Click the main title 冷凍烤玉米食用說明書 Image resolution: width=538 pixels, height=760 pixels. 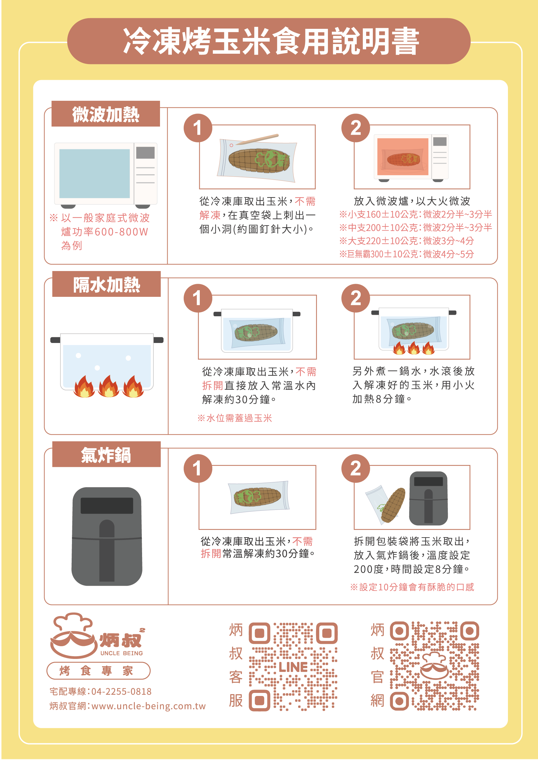click(271, 41)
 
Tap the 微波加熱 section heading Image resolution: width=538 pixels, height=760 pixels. click(106, 114)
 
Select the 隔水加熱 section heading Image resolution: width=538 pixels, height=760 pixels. click(107, 284)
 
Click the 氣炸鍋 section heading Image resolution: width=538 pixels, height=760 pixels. click(106, 455)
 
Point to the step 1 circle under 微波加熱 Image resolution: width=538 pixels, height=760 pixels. click(198, 128)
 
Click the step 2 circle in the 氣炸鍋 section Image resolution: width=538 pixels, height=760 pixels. click(356, 468)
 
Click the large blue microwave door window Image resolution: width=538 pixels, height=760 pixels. click(94, 174)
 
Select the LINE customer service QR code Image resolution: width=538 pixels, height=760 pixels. click(293, 667)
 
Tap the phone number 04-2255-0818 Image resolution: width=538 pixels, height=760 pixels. click(121, 691)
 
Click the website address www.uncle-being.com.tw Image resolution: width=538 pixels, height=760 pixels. click(148, 706)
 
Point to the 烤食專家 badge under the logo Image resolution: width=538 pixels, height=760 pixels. click(98, 670)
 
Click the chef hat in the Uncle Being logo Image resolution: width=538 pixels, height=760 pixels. click(73, 623)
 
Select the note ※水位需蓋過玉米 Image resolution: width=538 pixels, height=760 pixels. click(235, 418)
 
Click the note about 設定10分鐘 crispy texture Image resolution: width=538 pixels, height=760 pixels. click(412, 587)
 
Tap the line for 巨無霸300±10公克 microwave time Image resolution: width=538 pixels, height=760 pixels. click(407, 254)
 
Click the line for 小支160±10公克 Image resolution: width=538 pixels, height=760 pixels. click(415, 214)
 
